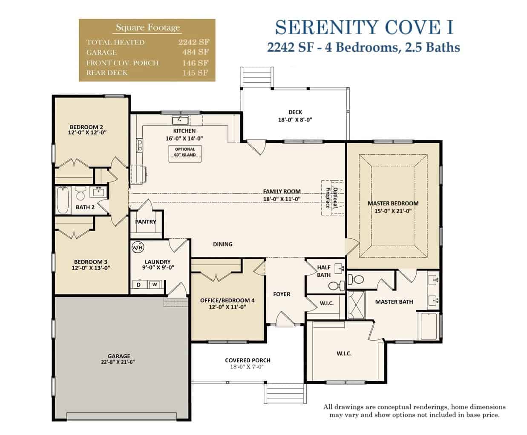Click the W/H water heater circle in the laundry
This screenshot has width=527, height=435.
tap(138, 247)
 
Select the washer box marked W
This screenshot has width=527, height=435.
tap(155, 284)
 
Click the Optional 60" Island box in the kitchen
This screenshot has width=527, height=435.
tap(185, 154)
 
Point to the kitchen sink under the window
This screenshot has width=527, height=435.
tap(180, 120)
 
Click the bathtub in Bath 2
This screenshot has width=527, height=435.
tap(62, 200)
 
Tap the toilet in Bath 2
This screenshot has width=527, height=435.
tap(81, 193)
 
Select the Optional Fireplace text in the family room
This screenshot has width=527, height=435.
tap(331, 197)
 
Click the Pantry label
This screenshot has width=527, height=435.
tap(146, 221)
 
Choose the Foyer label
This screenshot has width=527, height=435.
tap(282, 294)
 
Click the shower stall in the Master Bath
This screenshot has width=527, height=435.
tap(356, 305)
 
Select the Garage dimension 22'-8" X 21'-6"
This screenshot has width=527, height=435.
tap(118, 362)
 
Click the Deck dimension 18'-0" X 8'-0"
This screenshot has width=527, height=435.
tap(295, 120)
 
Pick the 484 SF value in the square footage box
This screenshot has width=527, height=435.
tap(196, 52)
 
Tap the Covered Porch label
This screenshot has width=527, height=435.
tap(248, 360)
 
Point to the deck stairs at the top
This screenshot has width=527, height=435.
tap(257, 78)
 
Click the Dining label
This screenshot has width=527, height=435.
tap(223, 244)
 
